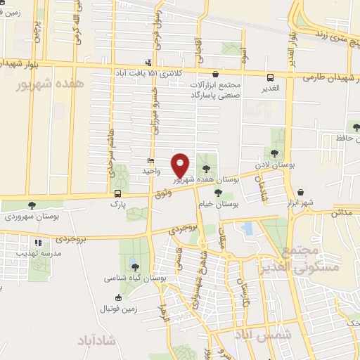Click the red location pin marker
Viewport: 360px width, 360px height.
(x=181, y=165)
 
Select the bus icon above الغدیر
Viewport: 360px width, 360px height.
(x=271, y=77)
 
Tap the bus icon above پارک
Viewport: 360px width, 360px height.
(x=117, y=193)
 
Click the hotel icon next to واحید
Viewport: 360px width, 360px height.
(x=150, y=161)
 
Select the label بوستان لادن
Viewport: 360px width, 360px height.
(x=275, y=164)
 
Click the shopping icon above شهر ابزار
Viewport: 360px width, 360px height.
(x=301, y=192)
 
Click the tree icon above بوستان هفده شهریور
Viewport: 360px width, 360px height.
(x=205, y=168)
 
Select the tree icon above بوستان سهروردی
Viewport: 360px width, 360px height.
(x=32, y=205)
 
